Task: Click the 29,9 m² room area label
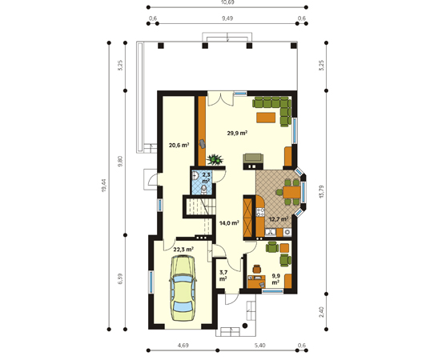click(237, 133)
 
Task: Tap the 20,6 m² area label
click(179, 145)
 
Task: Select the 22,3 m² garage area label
click(183, 250)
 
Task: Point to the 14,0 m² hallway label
click(229, 223)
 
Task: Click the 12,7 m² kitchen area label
click(279, 219)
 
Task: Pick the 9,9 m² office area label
click(275, 279)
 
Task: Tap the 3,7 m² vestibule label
click(223, 276)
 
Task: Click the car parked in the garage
click(183, 288)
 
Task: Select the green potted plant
click(215, 159)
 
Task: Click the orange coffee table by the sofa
click(266, 118)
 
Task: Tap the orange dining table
click(291, 192)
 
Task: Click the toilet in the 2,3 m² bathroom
click(203, 189)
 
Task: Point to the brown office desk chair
click(257, 269)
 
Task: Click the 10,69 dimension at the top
click(227, 2)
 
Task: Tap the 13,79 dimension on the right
click(321, 192)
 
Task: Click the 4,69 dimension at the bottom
click(183, 346)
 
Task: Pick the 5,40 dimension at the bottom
click(259, 346)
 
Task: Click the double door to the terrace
click(221, 98)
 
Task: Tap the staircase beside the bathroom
click(199, 206)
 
